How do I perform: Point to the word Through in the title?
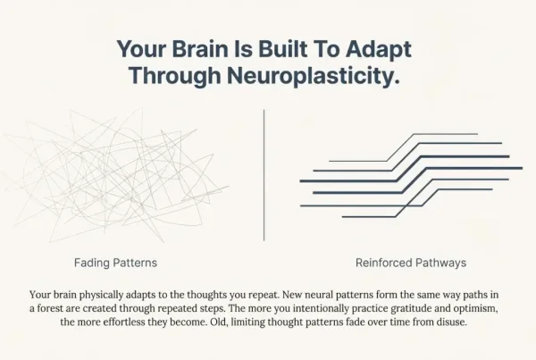point(171,76)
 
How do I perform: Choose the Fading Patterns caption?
point(115,264)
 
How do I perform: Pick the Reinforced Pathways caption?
point(410,264)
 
